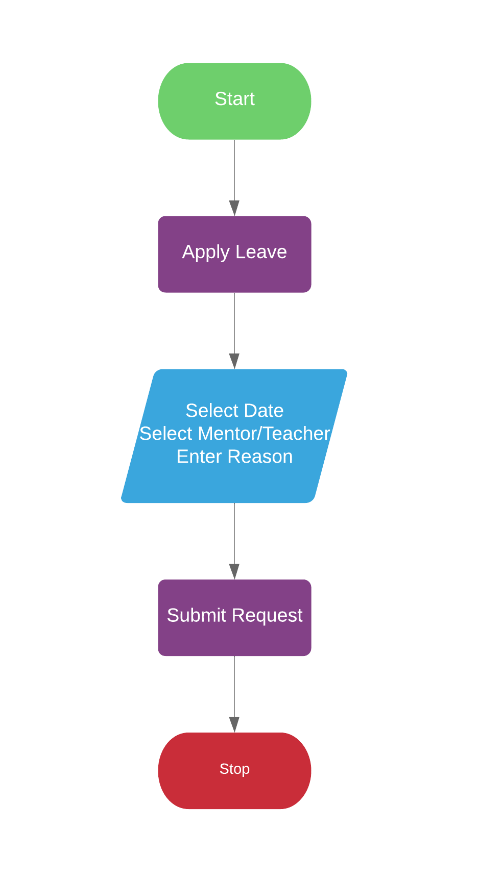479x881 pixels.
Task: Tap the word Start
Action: point(234,99)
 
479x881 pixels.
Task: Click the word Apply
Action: point(205,253)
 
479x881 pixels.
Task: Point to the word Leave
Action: point(261,252)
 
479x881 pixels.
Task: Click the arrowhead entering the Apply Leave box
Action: point(234,208)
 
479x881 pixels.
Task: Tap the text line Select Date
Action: point(234,411)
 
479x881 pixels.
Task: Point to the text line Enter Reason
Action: point(234,457)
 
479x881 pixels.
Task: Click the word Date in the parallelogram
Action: point(264,411)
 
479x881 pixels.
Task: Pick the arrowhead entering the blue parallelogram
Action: point(234,361)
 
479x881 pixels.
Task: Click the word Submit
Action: point(196,615)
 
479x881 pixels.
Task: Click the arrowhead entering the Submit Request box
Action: point(234,571)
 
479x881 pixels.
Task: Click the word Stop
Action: point(234,769)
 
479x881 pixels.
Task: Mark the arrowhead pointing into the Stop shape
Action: point(234,724)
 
